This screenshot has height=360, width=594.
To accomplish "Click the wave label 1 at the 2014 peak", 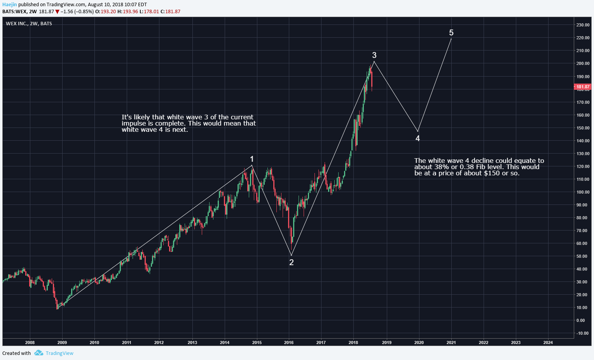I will click(x=252, y=159).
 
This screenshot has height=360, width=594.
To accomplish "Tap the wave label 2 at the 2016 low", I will click(x=292, y=262).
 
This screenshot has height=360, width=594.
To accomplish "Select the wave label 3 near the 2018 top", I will click(x=374, y=55).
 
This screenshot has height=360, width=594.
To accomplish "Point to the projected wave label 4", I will click(x=418, y=138).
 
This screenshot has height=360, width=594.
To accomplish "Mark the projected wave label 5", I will click(x=451, y=33).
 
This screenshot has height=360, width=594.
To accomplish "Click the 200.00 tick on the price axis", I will click(x=583, y=63).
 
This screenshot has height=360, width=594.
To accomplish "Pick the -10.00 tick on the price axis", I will click(x=582, y=333).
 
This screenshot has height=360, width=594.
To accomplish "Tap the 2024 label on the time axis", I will click(x=548, y=343).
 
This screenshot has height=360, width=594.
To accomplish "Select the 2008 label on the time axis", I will click(x=30, y=343).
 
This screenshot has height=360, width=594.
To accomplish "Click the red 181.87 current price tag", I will click(x=583, y=87).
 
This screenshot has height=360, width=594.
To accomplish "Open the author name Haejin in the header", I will click(x=10, y=5).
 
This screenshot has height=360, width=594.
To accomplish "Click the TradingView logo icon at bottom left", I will click(x=38, y=353).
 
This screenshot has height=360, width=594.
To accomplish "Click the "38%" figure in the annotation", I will click(x=442, y=167).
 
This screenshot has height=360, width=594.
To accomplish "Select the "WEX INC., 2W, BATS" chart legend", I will click(x=29, y=24).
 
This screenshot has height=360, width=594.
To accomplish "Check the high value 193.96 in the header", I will click(x=130, y=12).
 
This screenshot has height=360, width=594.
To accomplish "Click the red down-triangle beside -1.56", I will click(x=58, y=12).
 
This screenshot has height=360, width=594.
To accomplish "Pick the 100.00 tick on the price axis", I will click(x=583, y=192).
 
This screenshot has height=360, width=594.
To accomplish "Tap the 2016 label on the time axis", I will click(x=289, y=343).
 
